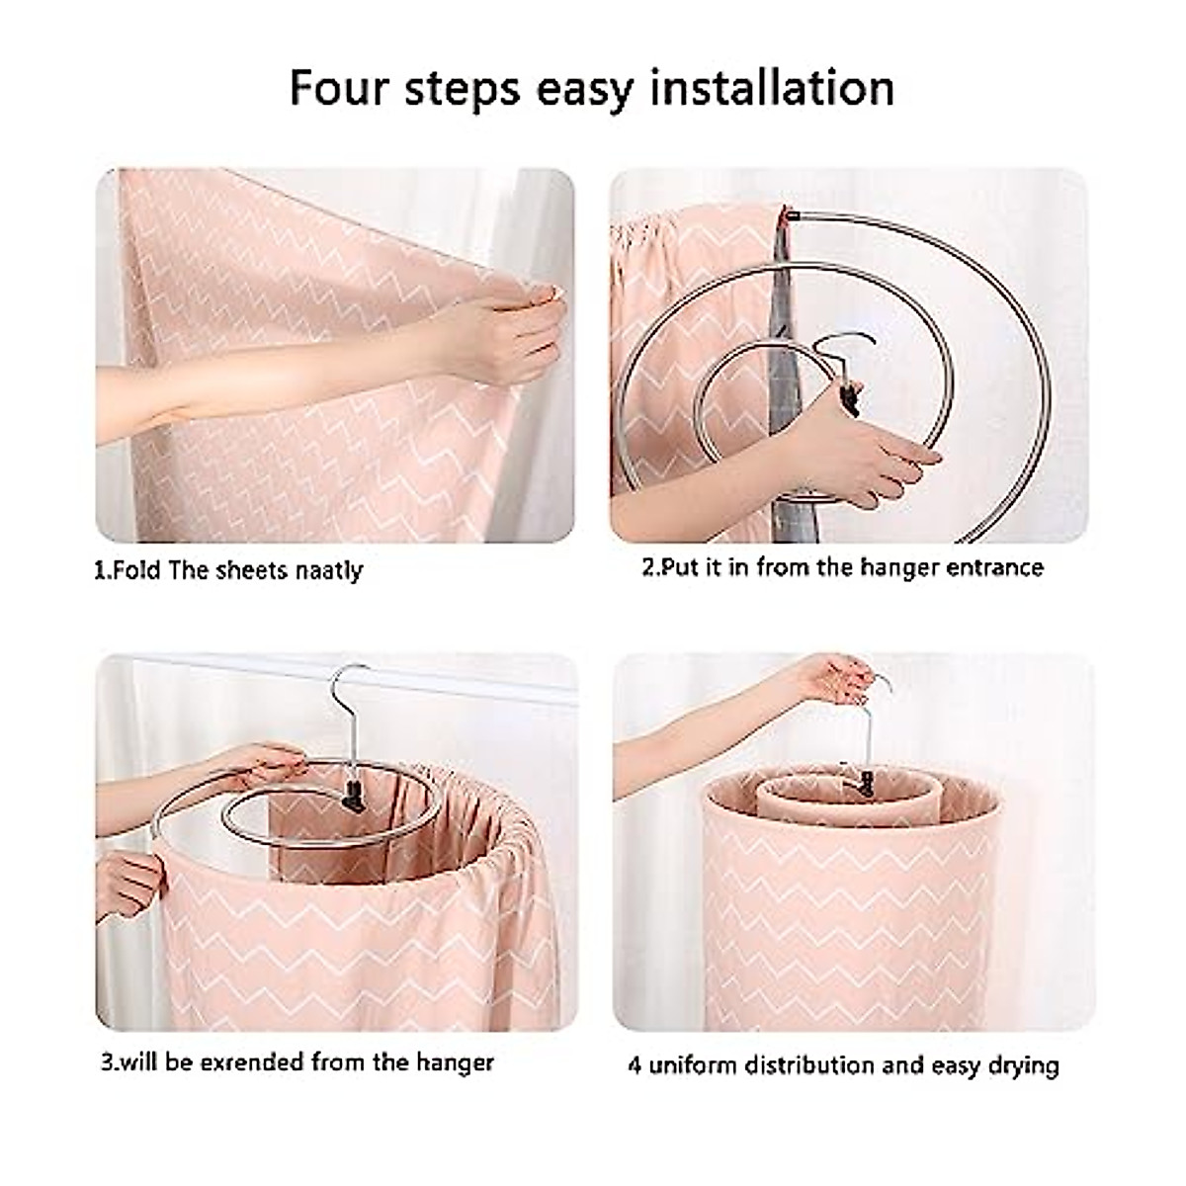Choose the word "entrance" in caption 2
[993, 567]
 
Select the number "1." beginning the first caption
[101, 571]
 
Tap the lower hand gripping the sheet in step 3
[133, 880]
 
